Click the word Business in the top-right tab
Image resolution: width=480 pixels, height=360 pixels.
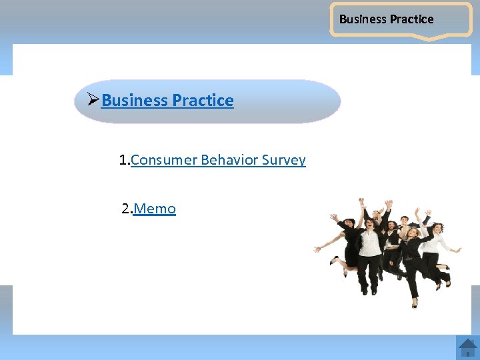[363, 19]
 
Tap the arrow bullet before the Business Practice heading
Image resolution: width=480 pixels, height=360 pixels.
[93, 100]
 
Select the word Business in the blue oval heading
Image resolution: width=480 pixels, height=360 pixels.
[135, 101]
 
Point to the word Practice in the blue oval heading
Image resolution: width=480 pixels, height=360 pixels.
[203, 101]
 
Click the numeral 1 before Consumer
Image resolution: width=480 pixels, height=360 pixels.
[123, 160]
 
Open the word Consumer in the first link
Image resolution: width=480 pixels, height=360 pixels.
[164, 160]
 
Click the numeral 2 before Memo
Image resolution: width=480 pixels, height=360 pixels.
[125, 209]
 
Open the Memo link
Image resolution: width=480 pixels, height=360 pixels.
[155, 209]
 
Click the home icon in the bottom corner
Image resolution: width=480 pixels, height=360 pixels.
[467, 347]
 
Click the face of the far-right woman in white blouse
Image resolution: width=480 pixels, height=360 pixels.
[438, 229]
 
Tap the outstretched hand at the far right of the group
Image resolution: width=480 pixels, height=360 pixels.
[459, 250]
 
